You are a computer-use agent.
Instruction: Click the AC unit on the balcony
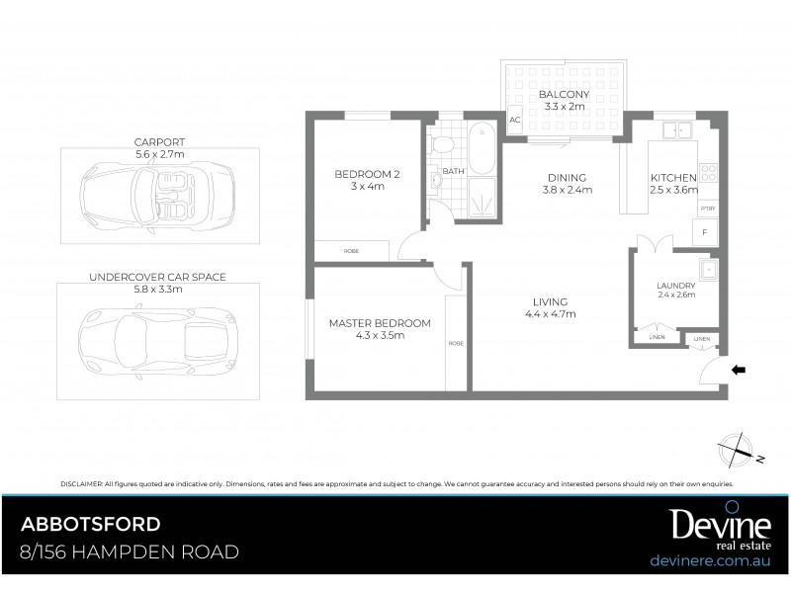tap(514, 121)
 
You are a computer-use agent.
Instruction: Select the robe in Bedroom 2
tap(352, 251)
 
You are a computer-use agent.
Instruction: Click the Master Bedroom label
tap(380, 329)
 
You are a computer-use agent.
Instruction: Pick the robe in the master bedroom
tap(456, 342)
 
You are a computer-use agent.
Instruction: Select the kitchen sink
tap(677, 129)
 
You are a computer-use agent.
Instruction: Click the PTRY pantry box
tap(707, 210)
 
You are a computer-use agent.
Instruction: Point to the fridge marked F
tap(705, 234)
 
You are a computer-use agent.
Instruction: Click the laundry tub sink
tap(707, 269)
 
